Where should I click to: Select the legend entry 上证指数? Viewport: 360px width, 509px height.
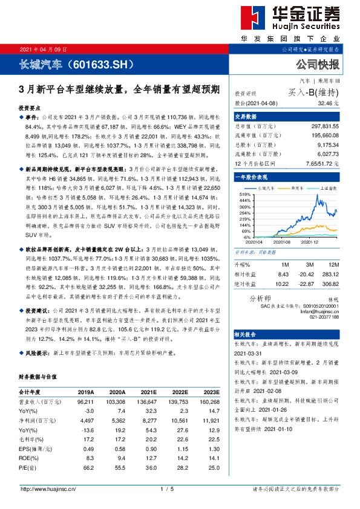click(327, 189)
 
